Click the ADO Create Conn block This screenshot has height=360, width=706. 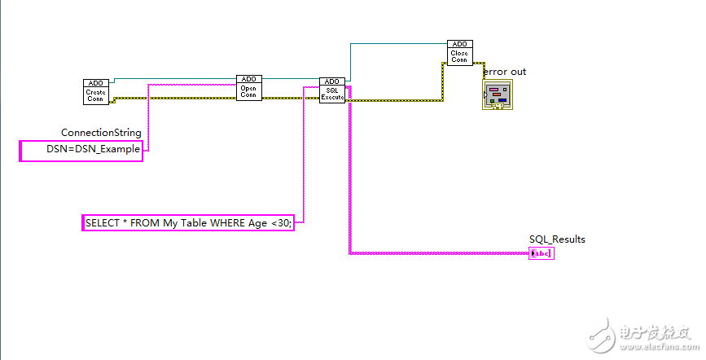point(95,93)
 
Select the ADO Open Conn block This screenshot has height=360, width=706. point(249,88)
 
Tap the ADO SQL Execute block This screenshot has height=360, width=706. point(331,90)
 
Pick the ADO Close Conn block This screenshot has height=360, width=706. point(459,53)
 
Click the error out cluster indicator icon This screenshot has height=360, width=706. point(498,94)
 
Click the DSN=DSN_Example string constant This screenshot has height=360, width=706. point(81,151)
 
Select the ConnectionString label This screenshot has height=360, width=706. point(101,133)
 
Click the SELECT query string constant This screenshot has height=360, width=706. point(187,222)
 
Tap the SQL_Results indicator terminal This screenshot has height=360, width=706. point(541,253)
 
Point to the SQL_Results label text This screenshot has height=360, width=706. point(557,239)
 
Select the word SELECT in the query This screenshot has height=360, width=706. point(103,222)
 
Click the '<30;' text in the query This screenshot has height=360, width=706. point(280,222)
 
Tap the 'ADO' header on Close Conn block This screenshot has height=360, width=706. point(459,44)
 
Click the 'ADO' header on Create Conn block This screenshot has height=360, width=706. point(95,83)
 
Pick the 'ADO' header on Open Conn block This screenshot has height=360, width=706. point(249,79)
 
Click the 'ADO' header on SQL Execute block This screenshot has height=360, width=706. point(331,81)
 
